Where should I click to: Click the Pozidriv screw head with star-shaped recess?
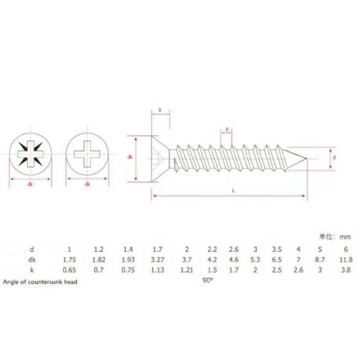(30, 155)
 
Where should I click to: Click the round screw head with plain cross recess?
(87, 155)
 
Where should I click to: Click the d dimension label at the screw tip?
(333, 156)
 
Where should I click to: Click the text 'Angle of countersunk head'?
(39, 282)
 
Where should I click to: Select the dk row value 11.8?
(345, 259)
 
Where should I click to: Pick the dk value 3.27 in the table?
(156, 259)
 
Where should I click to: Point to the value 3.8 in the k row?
(345, 271)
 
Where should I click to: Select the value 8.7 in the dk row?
(318, 259)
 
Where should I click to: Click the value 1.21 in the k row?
(186, 271)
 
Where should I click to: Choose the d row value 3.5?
(276, 248)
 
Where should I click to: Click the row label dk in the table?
(32, 259)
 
